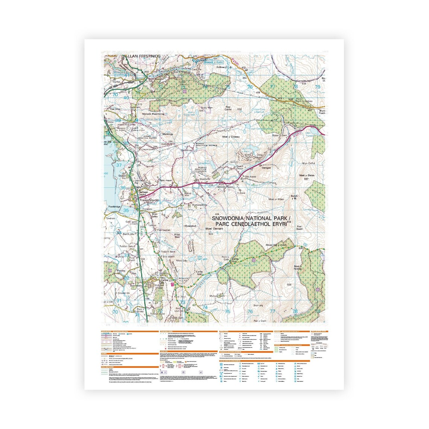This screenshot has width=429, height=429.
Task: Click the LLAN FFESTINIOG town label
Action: coord(144,56)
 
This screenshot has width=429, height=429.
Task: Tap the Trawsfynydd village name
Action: coord(150,200)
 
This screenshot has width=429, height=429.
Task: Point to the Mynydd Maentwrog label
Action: coord(154,114)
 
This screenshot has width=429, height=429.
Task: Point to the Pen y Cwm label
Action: coord(260,321)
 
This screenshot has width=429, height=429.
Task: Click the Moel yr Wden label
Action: coord(276,199)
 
